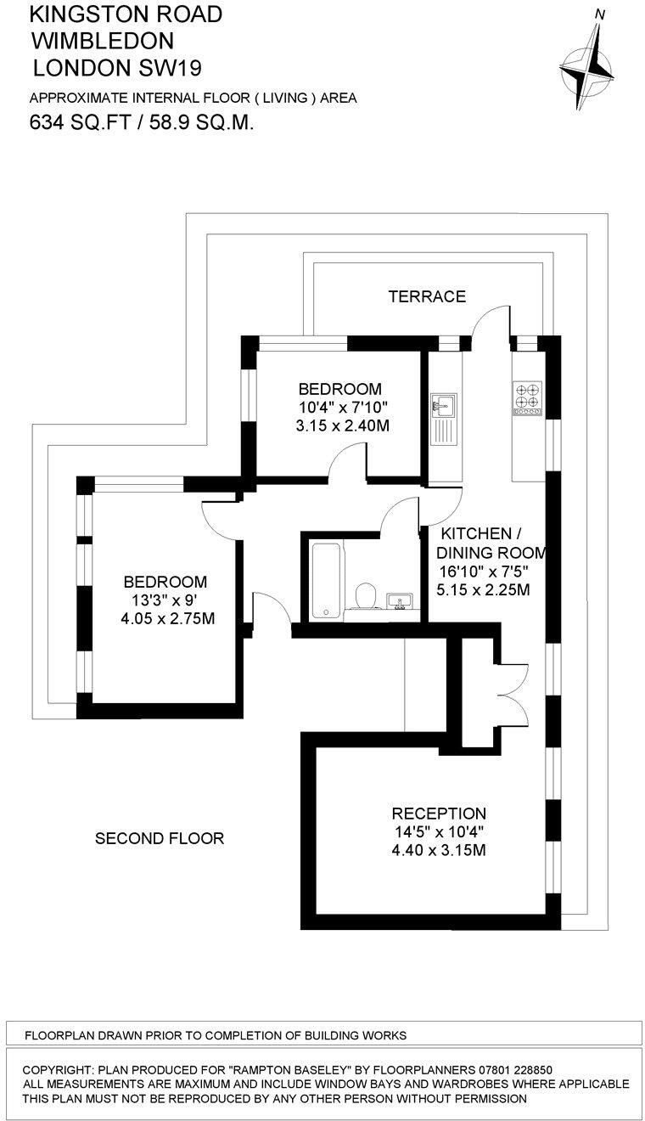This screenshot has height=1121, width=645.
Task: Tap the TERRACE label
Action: point(427,296)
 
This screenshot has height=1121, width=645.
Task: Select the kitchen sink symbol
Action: point(442,405)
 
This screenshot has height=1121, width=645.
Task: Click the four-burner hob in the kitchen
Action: point(526,397)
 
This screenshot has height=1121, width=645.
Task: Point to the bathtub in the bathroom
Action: point(326,580)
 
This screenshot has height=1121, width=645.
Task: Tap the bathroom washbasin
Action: point(398,601)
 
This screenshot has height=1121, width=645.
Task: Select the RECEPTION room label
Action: point(438,814)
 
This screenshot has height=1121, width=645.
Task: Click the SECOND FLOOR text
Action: point(160,839)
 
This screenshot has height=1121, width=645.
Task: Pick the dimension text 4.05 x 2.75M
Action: point(167,619)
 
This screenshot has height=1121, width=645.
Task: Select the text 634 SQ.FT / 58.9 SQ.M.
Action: point(143,122)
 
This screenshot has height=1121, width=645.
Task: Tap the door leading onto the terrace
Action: point(491,327)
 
